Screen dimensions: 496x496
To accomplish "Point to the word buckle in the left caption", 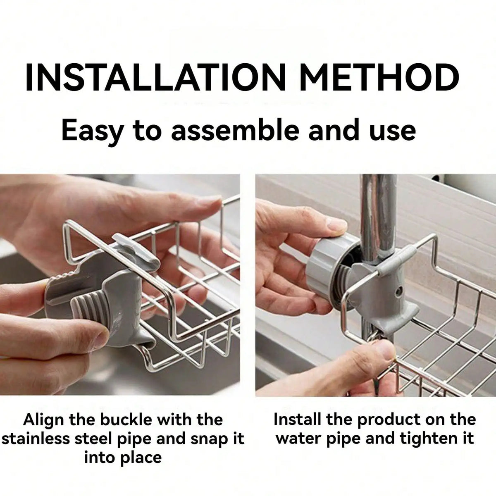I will point(124,420).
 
